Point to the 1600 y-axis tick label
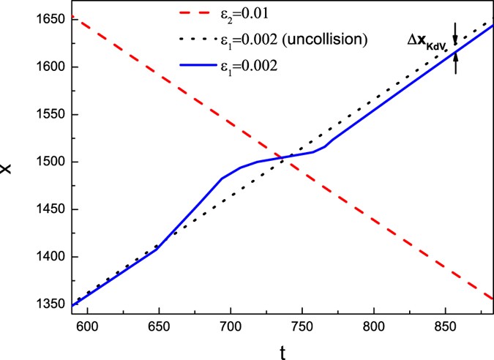46,67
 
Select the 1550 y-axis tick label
46,114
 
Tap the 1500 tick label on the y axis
46,162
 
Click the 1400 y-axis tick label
46,257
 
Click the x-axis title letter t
282,351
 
